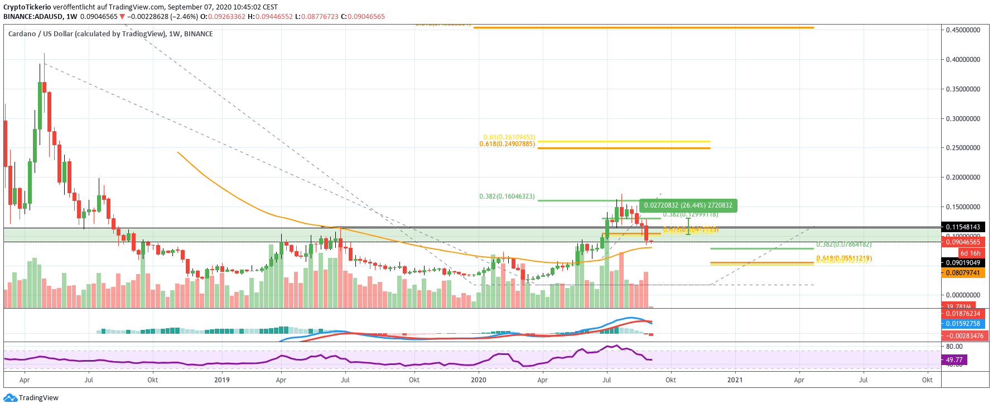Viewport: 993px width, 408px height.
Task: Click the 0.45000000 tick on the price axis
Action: [x=963, y=30]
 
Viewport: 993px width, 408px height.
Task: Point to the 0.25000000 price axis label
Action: [x=963, y=148]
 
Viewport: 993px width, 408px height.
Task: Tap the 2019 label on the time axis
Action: [x=222, y=380]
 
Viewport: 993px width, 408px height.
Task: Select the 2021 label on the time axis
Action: [x=735, y=380]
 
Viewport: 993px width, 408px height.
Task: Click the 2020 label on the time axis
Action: [x=478, y=380]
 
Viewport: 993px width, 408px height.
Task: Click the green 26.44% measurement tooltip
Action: [x=688, y=205]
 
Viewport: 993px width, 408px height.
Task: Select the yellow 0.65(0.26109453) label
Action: [x=509, y=137]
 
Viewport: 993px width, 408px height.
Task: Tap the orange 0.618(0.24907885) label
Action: [x=507, y=144]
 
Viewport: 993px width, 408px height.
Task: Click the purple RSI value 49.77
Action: [x=954, y=360]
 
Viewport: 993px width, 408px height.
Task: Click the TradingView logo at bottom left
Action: [x=31, y=398]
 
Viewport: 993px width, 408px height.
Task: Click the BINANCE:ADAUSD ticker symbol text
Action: [x=28, y=17]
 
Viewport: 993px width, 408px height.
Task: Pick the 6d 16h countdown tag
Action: [x=970, y=253]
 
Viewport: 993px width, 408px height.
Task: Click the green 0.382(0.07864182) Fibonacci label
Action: [x=843, y=244]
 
